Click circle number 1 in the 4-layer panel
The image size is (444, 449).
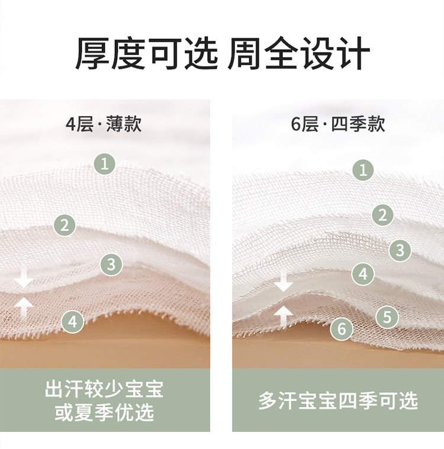pyautogui.click(x=105, y=163)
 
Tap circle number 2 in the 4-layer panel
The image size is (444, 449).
pyautogui.click(x=65, y=225)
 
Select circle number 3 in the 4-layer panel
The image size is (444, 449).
pyautogui.click(x=111, y=264)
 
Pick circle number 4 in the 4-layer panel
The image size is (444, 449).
pyautogui.click(x=72, y=322)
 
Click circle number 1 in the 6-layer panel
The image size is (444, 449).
pyautogui.click(x=363, y=170)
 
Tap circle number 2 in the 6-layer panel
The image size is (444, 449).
pyautogui.click(x=383, y=215)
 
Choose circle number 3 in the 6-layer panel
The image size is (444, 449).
pyautogui.click(x=400, y=250)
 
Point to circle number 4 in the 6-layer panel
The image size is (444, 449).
pyautogui.click(x=363, y=274)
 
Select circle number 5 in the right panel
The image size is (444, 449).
pyautogui.click(x=387, y=316)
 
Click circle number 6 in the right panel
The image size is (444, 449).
pyautogui.click(x=342, y=328)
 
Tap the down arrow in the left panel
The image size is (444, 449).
pyautogui.click(x=23, y=278)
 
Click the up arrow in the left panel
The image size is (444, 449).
pyautogui.click(x=23, y=306)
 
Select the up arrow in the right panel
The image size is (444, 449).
pyautogui.click(x=284, y=316)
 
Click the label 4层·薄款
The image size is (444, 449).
pyautogui.click(x=104, y=124)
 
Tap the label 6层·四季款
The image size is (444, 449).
pyautogui.click(x=338, y=124)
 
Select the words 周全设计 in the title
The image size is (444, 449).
pyautogui.click(x=299, y=54)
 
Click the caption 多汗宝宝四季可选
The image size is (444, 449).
pyautogui.click(x=338, y=400)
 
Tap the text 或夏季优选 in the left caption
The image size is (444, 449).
pyautogui.click(x=104, y=412)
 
